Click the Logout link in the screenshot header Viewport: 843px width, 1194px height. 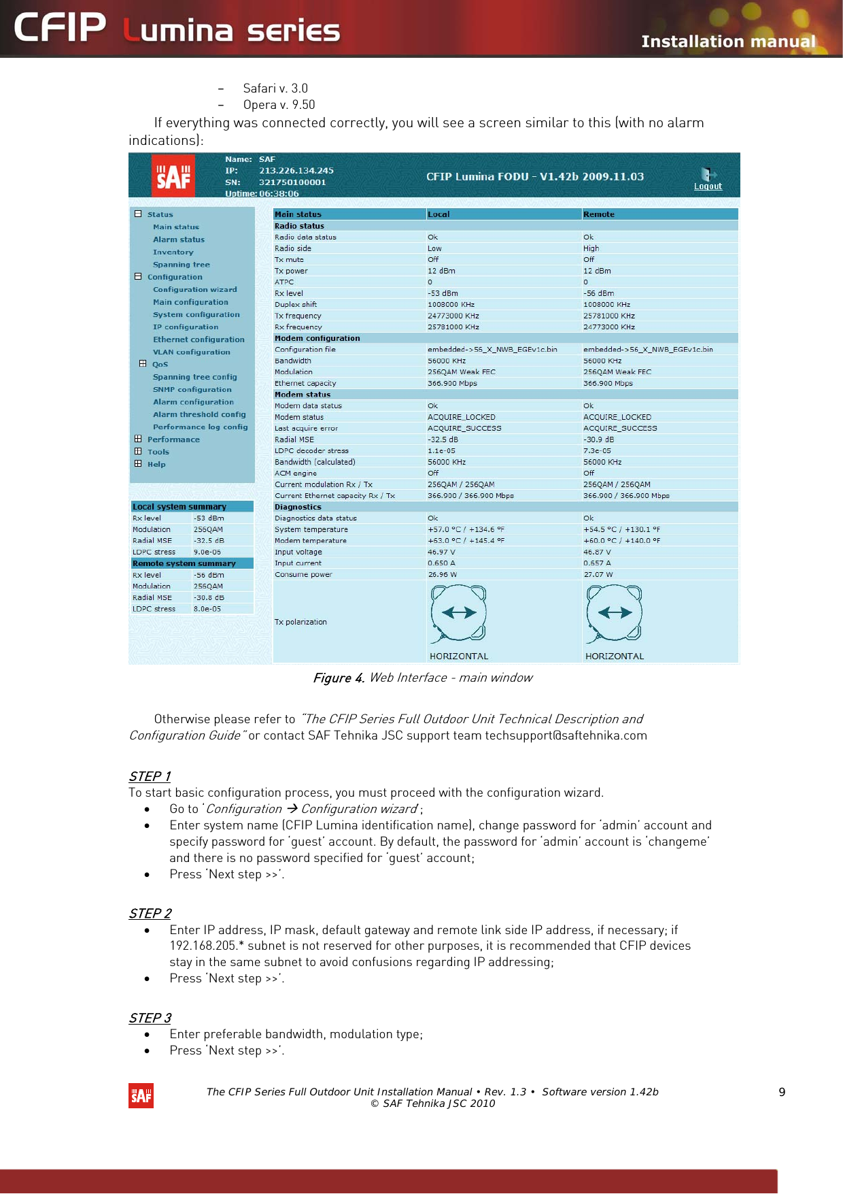708,186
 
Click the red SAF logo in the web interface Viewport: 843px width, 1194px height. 173,176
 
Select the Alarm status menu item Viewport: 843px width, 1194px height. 178,239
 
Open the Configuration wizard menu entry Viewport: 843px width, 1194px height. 194,289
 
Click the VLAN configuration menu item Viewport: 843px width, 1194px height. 191,352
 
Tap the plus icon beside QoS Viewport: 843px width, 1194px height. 143,364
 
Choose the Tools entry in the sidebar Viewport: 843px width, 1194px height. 158,452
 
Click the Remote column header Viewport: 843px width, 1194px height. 598,214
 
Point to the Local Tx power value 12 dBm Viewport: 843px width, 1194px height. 441,271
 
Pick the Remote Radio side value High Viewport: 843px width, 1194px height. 591,248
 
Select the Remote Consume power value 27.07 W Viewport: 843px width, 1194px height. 598,574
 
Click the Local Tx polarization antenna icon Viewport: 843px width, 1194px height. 459,613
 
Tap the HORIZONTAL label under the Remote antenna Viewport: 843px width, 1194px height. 614,656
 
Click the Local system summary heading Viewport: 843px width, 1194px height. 179,507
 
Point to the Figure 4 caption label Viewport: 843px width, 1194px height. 339,678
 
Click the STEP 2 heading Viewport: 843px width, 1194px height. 150,913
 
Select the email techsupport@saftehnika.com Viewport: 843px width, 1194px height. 566,735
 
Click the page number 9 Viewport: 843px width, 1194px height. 782,1092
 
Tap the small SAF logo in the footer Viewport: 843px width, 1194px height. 141,1095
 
